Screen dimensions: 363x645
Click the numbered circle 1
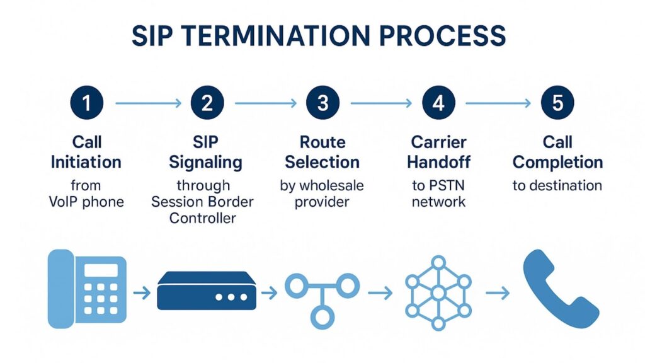86,103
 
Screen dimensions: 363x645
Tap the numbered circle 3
322,103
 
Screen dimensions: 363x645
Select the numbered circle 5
557,103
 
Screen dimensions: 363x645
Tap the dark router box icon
207,291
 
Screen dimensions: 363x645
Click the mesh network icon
437,292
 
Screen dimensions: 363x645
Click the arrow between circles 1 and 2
147,103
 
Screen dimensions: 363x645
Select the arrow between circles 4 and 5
498,103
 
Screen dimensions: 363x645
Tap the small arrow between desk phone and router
142,292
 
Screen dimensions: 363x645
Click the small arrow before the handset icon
498,292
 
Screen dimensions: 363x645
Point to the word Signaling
206,162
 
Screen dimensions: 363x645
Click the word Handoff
438,162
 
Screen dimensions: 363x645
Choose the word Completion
557,162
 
